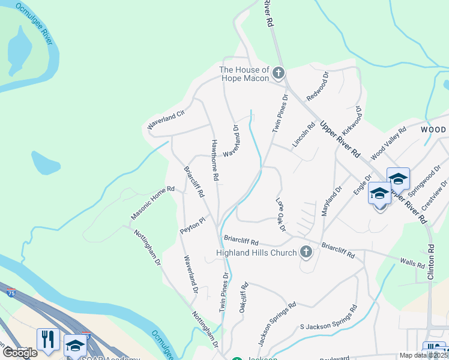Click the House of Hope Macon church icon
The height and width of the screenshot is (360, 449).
(278, 74)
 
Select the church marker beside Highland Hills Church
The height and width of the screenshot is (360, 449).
(306, 252)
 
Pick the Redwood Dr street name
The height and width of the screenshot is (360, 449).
(318, 86)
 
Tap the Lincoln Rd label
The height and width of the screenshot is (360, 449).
(304, 136)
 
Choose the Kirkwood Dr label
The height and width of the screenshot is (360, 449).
(352, 122)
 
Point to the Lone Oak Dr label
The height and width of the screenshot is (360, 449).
(280, 215)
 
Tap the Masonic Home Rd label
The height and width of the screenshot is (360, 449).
(152, 203)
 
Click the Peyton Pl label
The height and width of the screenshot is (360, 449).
(192, 226)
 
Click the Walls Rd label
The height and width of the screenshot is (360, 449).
(412, 263)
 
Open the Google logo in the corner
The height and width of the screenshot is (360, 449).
(20, 353)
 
